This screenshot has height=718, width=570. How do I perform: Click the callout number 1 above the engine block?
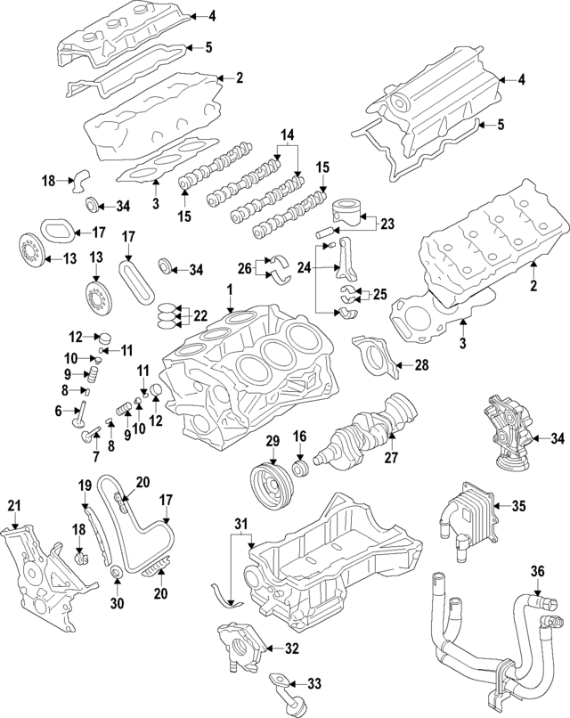pyautogui.click(x=229, y=290)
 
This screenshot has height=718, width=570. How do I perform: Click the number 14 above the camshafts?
pyautogui.click(x=286, y=135)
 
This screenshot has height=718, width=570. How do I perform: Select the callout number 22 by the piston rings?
pyautogui.click(x=200, y=314)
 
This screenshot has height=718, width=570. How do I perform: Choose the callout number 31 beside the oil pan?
pyautogui.click(x=239, y=522)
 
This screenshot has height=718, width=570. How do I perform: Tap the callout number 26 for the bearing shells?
pyautogui.click(x=245, y=266)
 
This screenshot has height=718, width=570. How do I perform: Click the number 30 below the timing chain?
pyautogui.click(x=117, y=602)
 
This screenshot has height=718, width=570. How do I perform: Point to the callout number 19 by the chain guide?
pyautogui.click(x=84, y=485)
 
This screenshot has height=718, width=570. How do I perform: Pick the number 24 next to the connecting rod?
pyautogui.click(x=305, y=265)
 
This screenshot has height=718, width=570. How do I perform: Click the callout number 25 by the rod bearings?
pyautogui.click(x=379, y=293)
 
